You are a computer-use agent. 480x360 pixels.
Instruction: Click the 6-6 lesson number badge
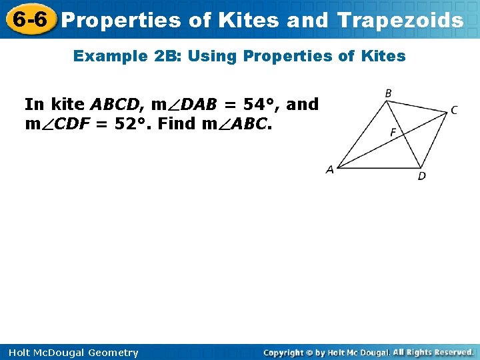click(29, 19)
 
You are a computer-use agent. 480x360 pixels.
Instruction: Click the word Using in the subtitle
click(213, 56)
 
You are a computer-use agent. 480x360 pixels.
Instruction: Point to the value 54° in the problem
click(261, 105)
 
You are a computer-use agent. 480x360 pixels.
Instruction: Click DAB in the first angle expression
click(190, 105)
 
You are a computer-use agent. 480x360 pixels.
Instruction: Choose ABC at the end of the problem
click(249, 123)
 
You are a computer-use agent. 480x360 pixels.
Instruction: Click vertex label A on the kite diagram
click(329, 170)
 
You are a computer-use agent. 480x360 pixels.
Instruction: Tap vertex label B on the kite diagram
click(388, 94)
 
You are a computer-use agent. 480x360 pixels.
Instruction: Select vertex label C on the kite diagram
click(453, 111)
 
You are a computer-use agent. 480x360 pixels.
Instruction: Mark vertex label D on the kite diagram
click(421, 176)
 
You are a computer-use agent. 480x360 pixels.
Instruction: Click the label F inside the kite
click(393, 133)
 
